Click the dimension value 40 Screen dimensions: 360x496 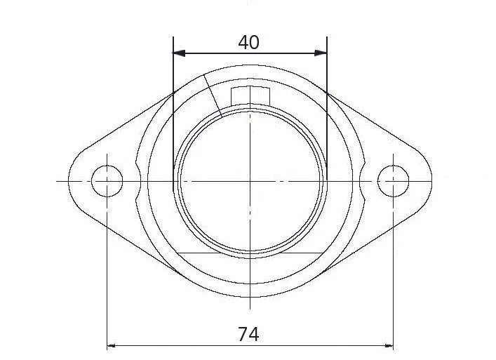click(x=248, y=42)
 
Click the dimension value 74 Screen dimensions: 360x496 click(x=248, y=335)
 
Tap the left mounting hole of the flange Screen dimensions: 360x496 click(x=107, y=181)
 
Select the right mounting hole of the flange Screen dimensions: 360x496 click(x=393, y=181)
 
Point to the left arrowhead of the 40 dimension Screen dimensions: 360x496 click(x=178, y=53)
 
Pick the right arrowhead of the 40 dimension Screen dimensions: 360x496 click(x=322, y=53)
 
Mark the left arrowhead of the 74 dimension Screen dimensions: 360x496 click(x=112, y=345)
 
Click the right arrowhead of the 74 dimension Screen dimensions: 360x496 click(x=388, y=345)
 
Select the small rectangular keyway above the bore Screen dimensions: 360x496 click(x=250, y=94)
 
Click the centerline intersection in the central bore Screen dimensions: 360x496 click(x=250, y=181)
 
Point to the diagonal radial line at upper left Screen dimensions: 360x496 click(x=213, y=95)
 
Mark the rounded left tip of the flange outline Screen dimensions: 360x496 click(x=69, y=181)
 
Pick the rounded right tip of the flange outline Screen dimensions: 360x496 click(x=431, y=181)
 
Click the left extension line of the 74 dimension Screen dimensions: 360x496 click(x=107, y=281)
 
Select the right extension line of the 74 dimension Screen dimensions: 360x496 click(x=393, y=281)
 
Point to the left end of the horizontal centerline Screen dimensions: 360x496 click(x=58, y=181)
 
